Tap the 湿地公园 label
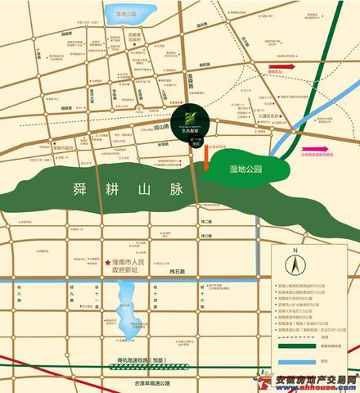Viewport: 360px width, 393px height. (x=245, y=170)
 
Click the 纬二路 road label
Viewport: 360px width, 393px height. (x=206, y=222)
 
